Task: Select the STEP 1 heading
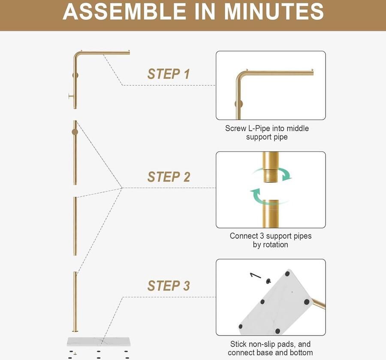click(169, 74)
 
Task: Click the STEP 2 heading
click(169, 177)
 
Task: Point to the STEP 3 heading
click(169, 285)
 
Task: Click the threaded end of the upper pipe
click(271, 175)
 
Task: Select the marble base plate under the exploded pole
click(99, 342)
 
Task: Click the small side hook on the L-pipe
click(71, 96)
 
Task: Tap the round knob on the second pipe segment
click(75, 132)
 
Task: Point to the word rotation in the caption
click(276, 245)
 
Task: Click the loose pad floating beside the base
click(268, 281)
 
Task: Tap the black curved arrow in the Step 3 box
click(255, 275)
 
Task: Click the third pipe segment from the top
click(75, 226)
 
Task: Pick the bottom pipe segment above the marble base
click(75, 302)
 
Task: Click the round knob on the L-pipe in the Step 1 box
click(239, 104)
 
